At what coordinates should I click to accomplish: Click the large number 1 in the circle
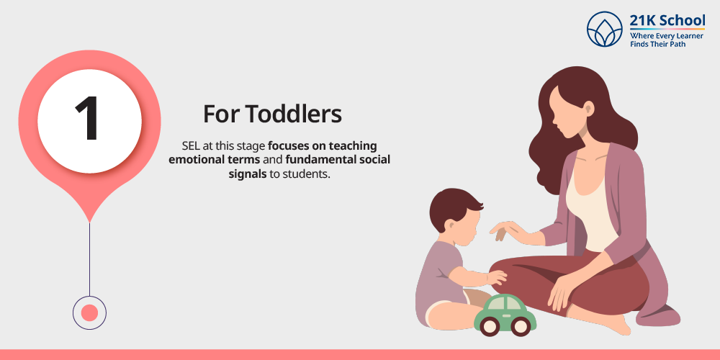[88, 119]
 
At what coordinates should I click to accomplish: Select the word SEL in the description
[190, 146]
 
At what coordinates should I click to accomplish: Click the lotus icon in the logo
[604, 30]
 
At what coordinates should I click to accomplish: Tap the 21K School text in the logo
[667, 21]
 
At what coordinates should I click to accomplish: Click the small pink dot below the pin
[89, 312]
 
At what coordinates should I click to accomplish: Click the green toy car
[505, 315]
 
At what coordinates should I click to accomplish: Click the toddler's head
[454, 212]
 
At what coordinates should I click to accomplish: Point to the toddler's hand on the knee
[496, 277]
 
